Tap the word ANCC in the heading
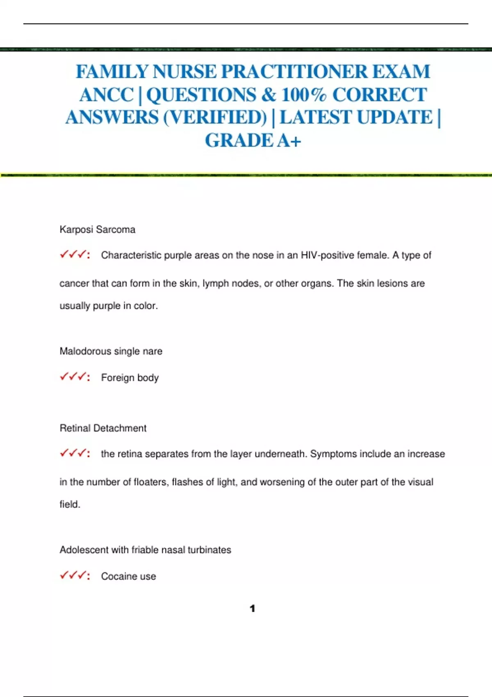(x=107, y=95)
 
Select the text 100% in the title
(x=304, y=95)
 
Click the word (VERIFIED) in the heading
(x=215, y=118)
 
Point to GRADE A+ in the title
(x=253, y=141)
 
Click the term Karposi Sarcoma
(x=98, y=230)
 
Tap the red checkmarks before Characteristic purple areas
(x=75, y=255)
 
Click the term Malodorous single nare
(x=111, y=351)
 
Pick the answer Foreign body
(x=130, y=378)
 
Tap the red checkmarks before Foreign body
(x=75, y=377)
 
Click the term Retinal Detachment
(x=103, y=428)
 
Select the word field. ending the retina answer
(x=70, y=504)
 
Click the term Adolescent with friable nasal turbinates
(x=145, y=550)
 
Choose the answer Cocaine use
(x=128, y=576)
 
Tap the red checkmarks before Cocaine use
(x=75, y=576)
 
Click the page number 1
(x=252, y=609)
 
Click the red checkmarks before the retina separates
(x=75, y=453)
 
